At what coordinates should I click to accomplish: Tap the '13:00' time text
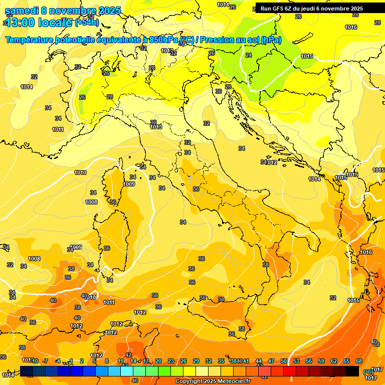[21, 23]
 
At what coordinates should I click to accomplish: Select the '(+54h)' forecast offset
[87, 23]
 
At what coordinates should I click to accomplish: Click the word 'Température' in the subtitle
[31, 40]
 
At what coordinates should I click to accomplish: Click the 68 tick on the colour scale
[359, 361]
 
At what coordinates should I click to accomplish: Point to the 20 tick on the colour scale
[158, 361]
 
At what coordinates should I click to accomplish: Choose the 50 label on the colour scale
[284, 361]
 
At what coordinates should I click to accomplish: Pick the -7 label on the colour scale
[45, 361]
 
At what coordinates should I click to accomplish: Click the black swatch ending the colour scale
[352, 371]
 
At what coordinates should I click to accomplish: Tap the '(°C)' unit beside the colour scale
[368, 372]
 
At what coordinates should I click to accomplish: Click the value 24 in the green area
[249, 55]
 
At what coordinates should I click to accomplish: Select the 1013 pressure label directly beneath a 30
[156, 127]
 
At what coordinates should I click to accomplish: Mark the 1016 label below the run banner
[351, 27]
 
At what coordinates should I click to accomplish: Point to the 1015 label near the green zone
[307, 57]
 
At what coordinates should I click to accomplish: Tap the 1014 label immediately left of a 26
[223, 5]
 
